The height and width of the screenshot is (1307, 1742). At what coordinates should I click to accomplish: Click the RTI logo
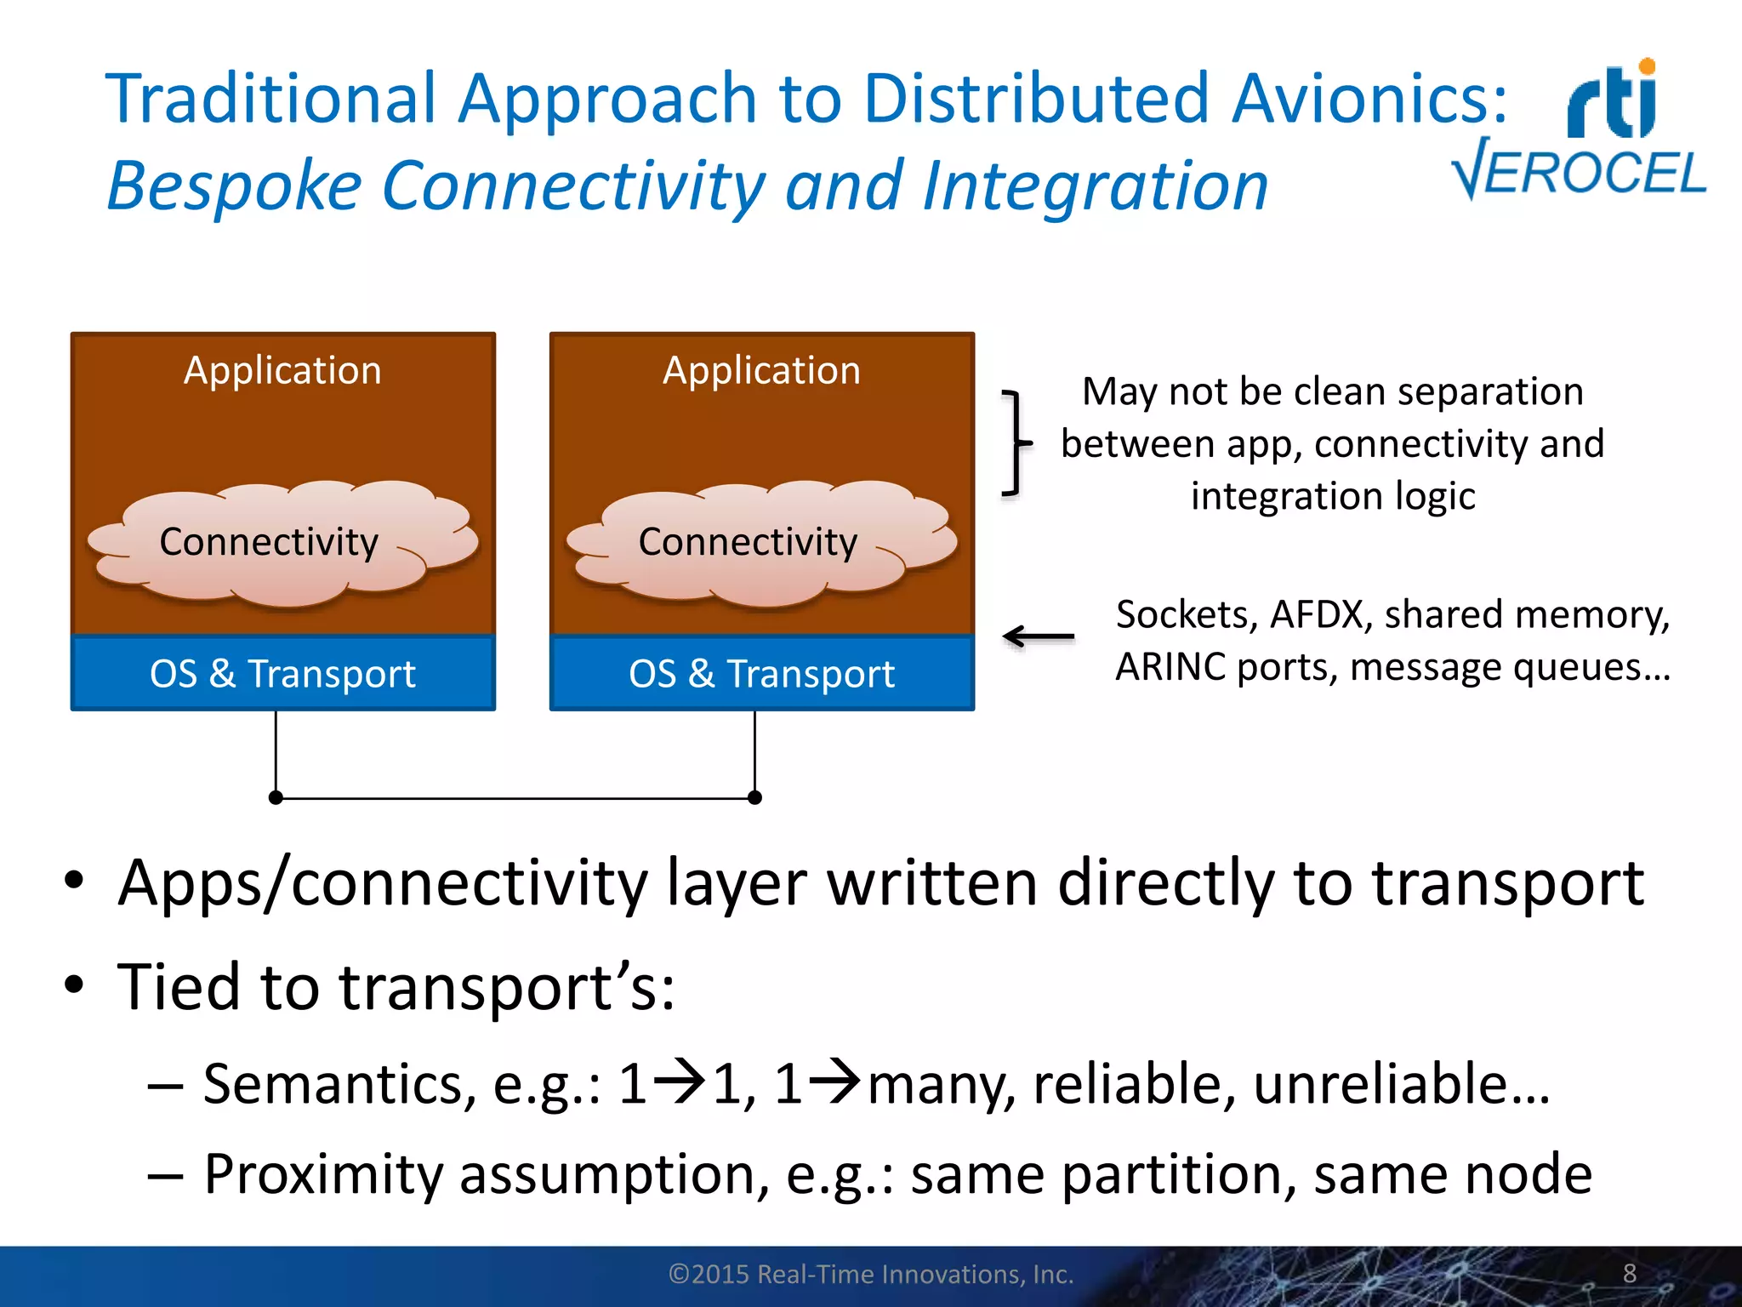[1613, 100]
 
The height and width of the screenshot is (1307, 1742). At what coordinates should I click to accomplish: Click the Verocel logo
[1579, 171]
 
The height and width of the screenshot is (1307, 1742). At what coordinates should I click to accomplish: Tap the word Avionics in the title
[1369, 99]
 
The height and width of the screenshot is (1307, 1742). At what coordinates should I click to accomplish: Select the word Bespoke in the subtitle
[235, 185]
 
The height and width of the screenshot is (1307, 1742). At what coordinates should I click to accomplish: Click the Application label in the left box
[282, 370]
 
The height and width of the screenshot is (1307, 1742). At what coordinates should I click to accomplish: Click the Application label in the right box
[761, 370]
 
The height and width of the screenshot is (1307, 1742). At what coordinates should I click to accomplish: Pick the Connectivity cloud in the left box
[281, 543]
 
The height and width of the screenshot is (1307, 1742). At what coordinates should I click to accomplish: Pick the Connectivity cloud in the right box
[760, 543]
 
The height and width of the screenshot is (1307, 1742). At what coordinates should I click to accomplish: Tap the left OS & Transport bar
[282, 673]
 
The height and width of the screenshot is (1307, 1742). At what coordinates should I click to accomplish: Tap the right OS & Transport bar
[761, 673]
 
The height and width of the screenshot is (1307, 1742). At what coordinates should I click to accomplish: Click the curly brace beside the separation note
[1015, 442]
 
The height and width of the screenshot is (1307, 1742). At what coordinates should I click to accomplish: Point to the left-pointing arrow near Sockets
[1038, 636]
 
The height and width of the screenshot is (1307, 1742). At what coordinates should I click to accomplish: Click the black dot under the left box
[276, 797]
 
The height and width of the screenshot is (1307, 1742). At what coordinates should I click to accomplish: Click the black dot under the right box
[754, 797]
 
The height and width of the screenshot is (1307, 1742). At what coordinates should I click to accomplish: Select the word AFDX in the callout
[1317, 614]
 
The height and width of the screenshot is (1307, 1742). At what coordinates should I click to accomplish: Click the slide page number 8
[1629, 1273]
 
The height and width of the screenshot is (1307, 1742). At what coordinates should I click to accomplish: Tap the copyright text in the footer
[871, 1274]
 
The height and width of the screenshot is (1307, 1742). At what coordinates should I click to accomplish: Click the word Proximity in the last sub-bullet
[323, 1174]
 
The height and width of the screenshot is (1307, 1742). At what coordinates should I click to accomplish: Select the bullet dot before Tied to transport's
[74, 985]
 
